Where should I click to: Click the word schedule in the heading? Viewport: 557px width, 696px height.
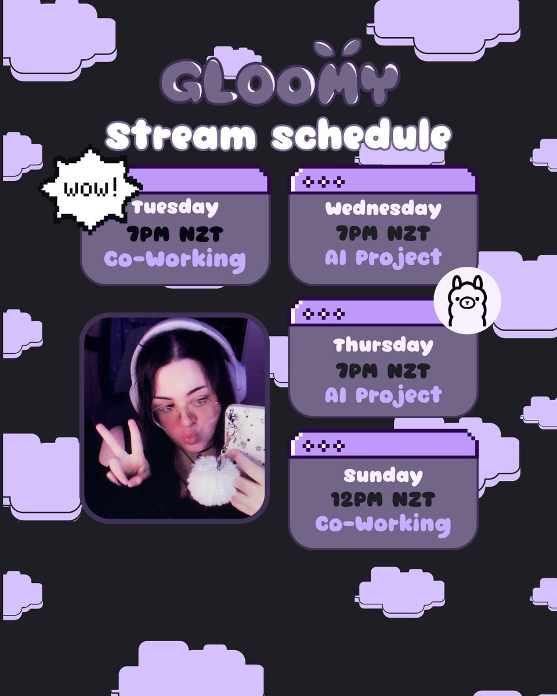[361, 137]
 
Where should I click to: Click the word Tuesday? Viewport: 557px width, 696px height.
[175, 208]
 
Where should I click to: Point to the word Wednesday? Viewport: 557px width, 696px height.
[383, 208]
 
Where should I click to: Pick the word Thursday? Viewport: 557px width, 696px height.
[383, 346]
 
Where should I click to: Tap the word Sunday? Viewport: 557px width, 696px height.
[383, 476]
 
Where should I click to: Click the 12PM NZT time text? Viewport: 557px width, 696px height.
[383, 499]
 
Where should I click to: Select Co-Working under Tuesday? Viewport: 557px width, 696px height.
[175, 259]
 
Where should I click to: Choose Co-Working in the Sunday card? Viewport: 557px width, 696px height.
[383, 524]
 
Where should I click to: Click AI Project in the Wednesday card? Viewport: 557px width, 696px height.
[383, 258]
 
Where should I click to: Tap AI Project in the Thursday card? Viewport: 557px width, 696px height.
[383, 395]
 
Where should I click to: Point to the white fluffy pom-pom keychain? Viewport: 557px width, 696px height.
[213, 480]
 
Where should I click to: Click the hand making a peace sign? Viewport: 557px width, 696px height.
[119, 452]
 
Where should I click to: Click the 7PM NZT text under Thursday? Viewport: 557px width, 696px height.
[383, 370]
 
